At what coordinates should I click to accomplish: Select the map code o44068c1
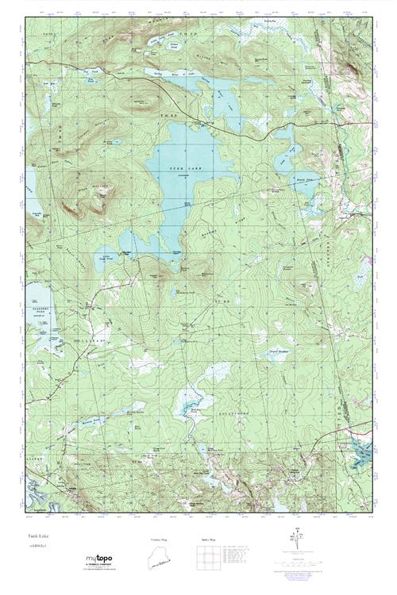(x=38, y=547)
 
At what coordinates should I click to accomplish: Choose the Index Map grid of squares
(x=206, y=559)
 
